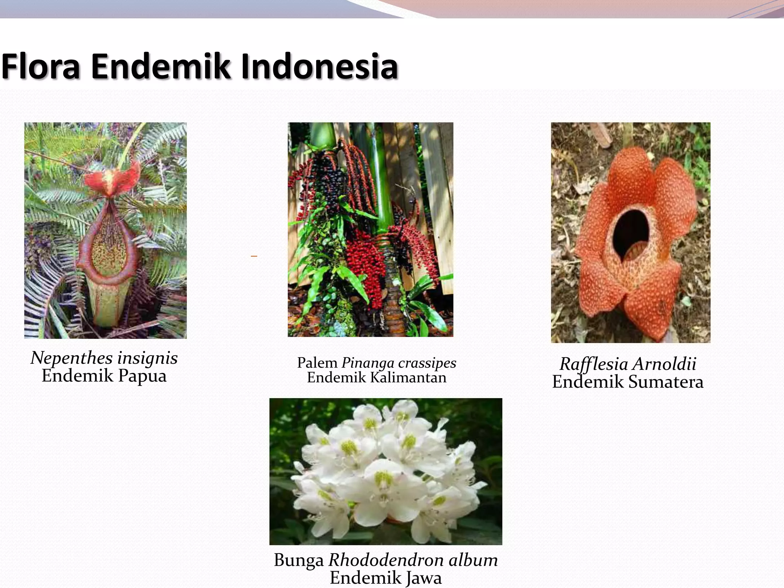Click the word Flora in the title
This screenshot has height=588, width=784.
coord(41,67)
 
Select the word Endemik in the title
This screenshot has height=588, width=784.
coord(160,67)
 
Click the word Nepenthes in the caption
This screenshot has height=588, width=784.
coord(72,358)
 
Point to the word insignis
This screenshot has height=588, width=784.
coord(147,358)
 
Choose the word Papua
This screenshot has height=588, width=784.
coord(142,376)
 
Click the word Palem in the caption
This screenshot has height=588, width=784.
coord(317,363)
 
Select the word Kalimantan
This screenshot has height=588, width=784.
coord(408,378)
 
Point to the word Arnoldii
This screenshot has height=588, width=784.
coord(664,364)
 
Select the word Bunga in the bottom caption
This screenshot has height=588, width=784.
coord(299,560)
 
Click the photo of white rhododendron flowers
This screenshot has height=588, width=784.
coord(385,471)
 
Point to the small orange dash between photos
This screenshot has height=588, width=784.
coord(254,256)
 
